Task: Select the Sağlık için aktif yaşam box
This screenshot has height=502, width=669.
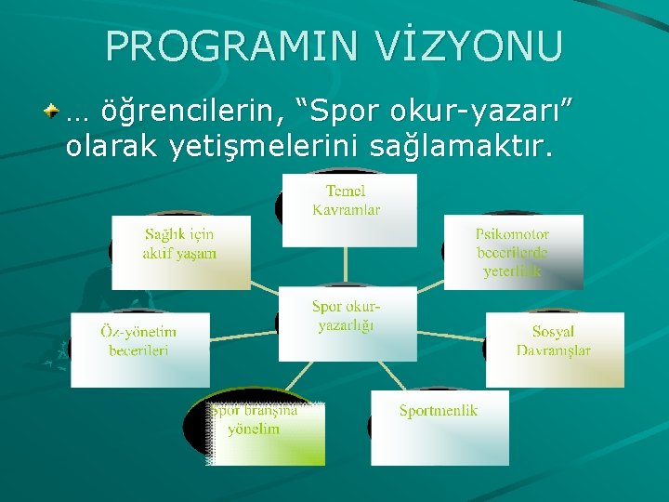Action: point(181,252)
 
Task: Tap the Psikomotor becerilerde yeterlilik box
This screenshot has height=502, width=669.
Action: point(513,252)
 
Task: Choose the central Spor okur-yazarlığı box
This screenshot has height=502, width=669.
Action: point(348,324)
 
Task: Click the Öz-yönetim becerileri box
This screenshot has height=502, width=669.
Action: point(140,350)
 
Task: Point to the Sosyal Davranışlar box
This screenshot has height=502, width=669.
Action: point(555,350)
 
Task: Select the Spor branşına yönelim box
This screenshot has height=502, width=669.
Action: point(266,431)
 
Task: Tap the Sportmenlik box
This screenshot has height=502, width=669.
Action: point(439,428)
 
